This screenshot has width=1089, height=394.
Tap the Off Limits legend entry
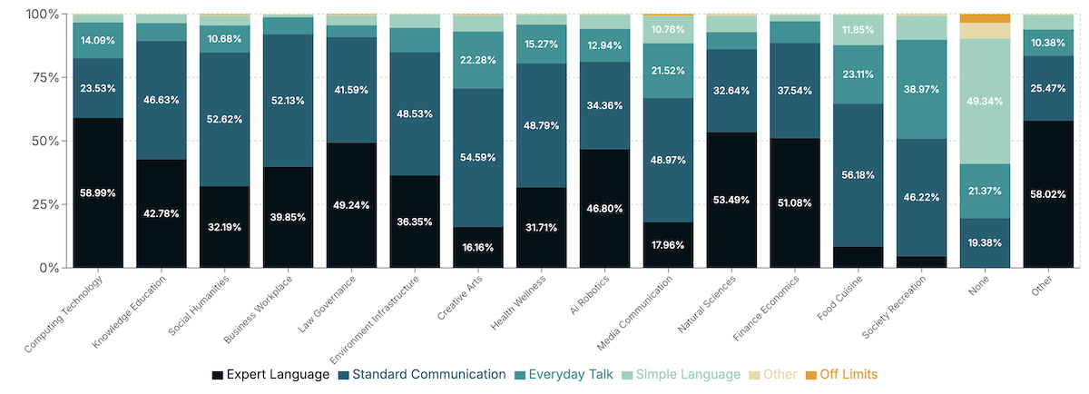841,374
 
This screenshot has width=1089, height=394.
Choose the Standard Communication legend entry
422,374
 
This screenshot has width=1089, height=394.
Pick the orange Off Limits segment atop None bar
986,18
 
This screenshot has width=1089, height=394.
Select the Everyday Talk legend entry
570,374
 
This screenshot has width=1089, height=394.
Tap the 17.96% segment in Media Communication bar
668,244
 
